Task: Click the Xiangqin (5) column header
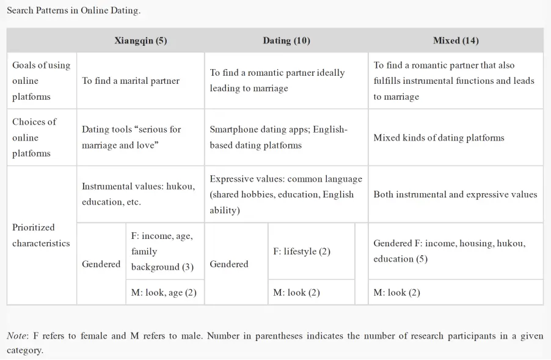coord(140,41)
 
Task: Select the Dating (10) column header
coord(286,41)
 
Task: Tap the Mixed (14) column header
coord(456,41)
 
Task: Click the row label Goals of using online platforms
coord(42,81)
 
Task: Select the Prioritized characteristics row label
coord(42,235)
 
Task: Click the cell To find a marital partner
coord(131,81)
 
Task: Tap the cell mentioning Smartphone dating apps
coord(279,138)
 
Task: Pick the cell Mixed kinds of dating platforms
coord(439,138)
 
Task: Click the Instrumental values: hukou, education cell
coord(139,194)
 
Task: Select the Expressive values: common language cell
coord(286,194)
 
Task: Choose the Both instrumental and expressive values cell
coord(455,194)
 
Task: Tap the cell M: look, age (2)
coord(164,293)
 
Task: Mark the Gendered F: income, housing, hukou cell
coord(449,251)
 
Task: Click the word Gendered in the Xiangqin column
coord(101,264)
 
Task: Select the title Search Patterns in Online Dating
coord(73,11)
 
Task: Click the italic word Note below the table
coord(16,336)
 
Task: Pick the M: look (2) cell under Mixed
coord(396,293)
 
